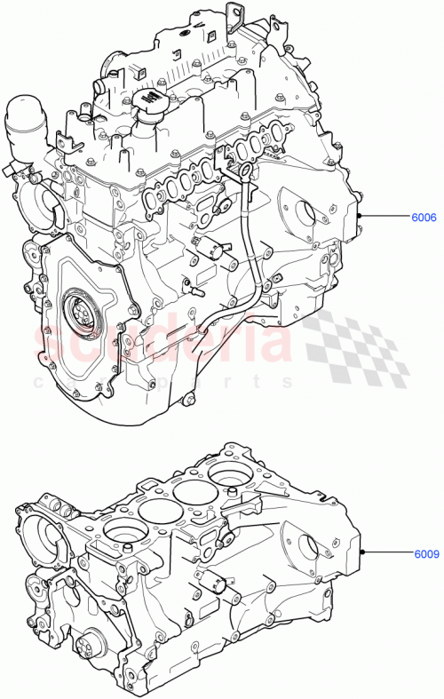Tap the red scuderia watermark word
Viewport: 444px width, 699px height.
click(x=160, y=342)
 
